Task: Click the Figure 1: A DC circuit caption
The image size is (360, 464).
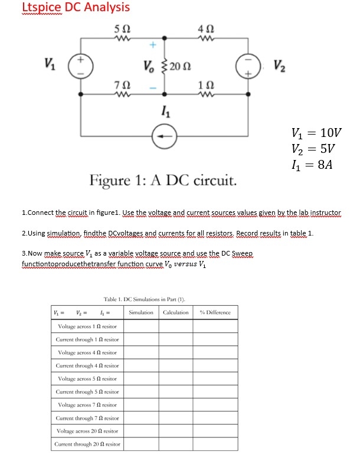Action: (x=163, y=179)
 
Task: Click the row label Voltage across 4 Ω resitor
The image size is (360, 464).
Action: (x=87, y=352)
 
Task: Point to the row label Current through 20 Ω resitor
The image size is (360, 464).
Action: (x=87, y=443)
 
